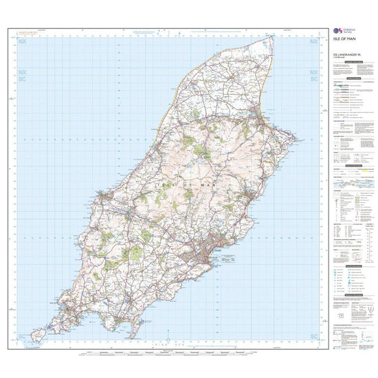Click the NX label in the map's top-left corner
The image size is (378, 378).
22,42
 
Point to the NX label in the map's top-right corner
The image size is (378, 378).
315,42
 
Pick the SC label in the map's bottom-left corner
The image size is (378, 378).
22,336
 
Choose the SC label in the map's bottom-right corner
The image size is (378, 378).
315,336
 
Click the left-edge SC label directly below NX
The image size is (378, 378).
22,79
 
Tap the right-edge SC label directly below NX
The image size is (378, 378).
315,79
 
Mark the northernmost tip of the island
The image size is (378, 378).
273,34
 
